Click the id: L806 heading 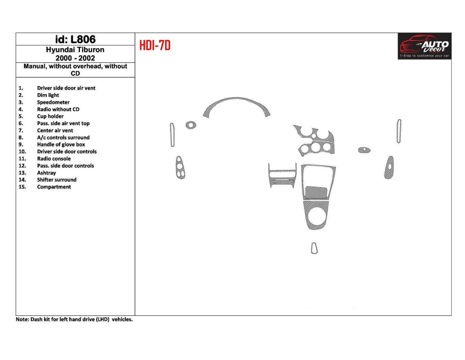click(x=75, y=39)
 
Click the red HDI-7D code click(x=155, y=45)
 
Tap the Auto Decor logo click(x=424, y=46)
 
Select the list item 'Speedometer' click(x=53, y=102)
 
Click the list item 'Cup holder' click(x=50, y=116)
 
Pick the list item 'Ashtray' click(x=46, y=173)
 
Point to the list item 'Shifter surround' click(x=56, y=180)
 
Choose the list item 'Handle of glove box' click(x=61, y=144)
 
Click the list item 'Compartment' click(x=54, y=187)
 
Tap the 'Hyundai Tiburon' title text click(x=75, y=50)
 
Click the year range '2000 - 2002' click(x=75, y=58)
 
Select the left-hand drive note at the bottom click(x=74, y=319)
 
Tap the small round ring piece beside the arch click(x=191, y=125)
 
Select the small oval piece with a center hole click(x=364, y=150)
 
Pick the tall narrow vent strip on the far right click(x=399, y=131)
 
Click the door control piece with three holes click(x=180, y=167)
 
